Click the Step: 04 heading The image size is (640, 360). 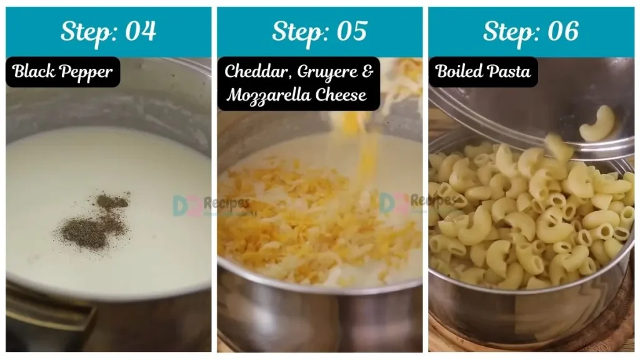click(x=108, y=31)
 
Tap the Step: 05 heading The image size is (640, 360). click(x=319, y=31)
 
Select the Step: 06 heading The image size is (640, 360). click(x=531, y=31)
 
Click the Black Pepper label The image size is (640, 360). click(x=62, y=72)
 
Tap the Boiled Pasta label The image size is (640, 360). click(x=482, y=71)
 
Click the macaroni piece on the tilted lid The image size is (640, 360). click(x=596, y=124)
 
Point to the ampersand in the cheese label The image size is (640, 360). click(x=367, y=71)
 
